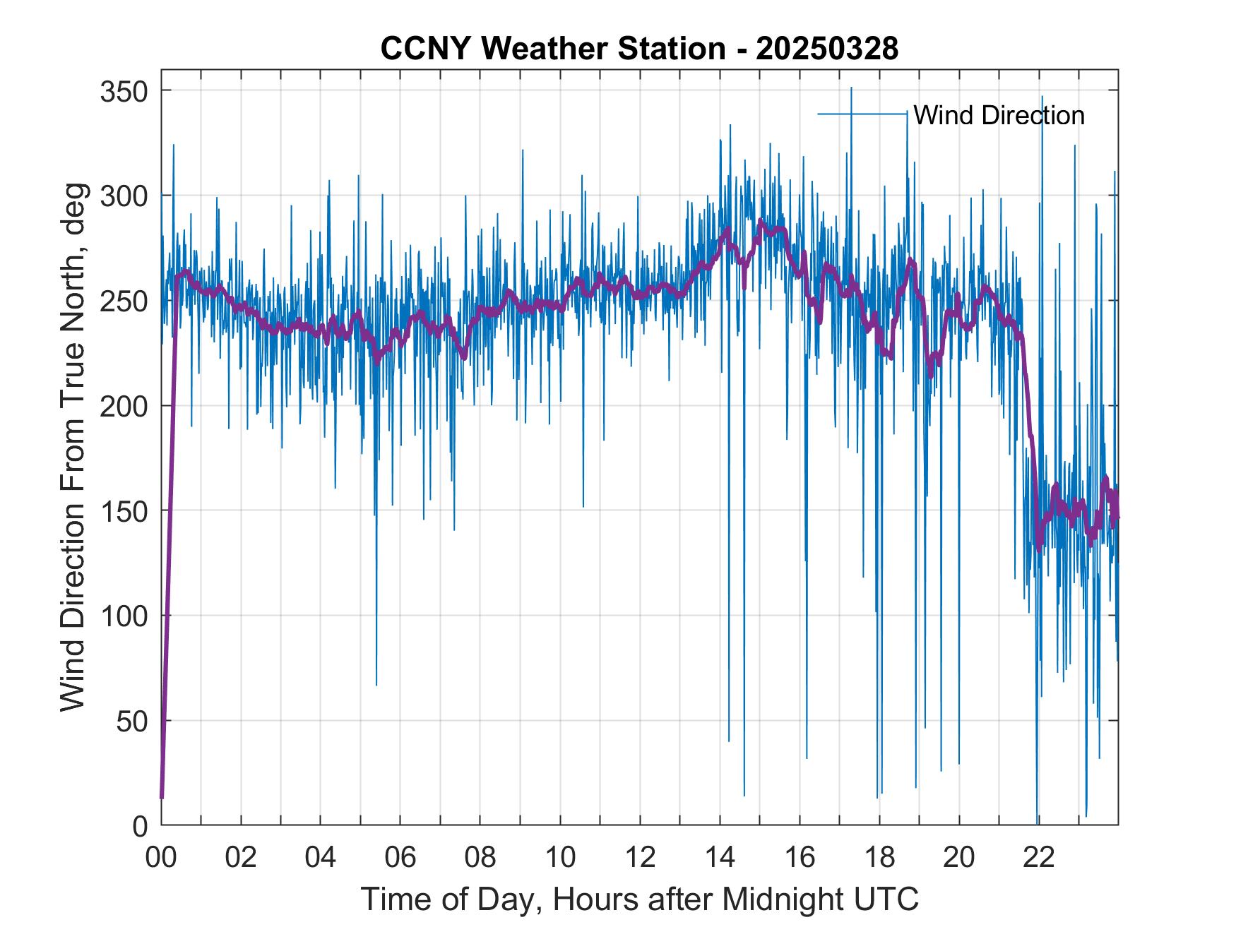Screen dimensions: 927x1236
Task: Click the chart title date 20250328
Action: (x=826, y=49)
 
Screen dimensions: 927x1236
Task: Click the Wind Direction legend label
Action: (x=999, y=115)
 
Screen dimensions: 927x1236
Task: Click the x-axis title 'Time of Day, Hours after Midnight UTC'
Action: (x=640, y=899)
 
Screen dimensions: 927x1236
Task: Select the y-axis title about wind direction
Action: (x=73, y=447)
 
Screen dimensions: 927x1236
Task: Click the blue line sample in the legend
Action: (x=862, y=114)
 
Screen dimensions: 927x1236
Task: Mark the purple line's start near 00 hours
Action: (x=162, y=796)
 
